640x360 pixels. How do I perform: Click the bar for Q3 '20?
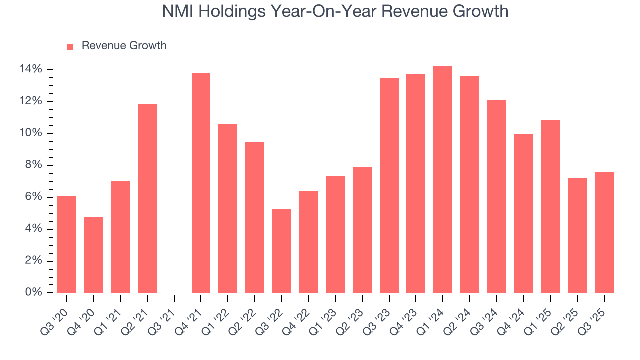[67, 244]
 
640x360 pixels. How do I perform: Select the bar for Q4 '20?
[94, 255]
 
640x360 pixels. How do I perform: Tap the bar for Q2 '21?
[147, 198]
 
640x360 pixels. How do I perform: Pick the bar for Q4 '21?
[201, 183]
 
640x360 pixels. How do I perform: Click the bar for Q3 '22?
[282, 251]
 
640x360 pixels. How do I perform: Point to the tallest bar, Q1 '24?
[443, 180]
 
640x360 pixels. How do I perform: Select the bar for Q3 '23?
[389, 186]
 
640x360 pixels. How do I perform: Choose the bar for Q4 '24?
[523, 213]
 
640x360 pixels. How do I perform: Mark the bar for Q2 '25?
[577, 236]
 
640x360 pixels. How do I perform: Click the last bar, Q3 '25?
[604, 233]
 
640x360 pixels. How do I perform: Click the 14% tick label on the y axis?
[30, 69]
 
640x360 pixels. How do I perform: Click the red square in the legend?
[70, 46]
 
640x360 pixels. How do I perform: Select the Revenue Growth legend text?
[124, 46]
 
